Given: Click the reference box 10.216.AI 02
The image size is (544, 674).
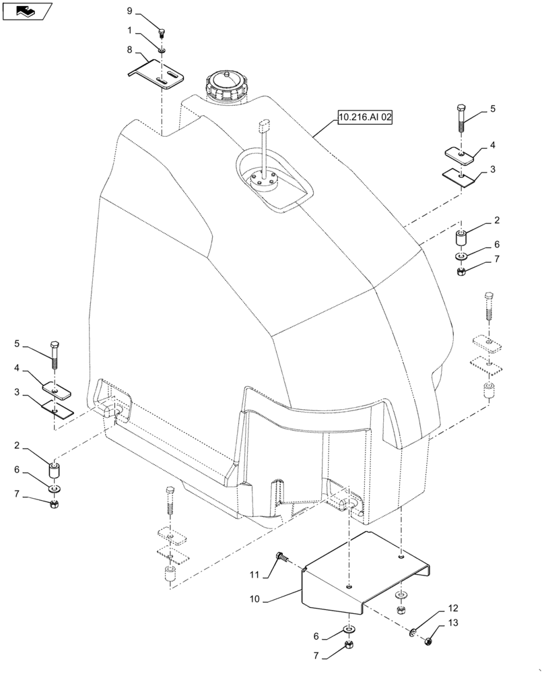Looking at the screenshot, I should tap(364, 117).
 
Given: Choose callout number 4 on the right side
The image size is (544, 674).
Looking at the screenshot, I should tap(493, 145).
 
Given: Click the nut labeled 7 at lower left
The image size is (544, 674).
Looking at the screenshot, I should tap(53, 503).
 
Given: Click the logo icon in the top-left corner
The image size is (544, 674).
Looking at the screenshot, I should tap(28, 11).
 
